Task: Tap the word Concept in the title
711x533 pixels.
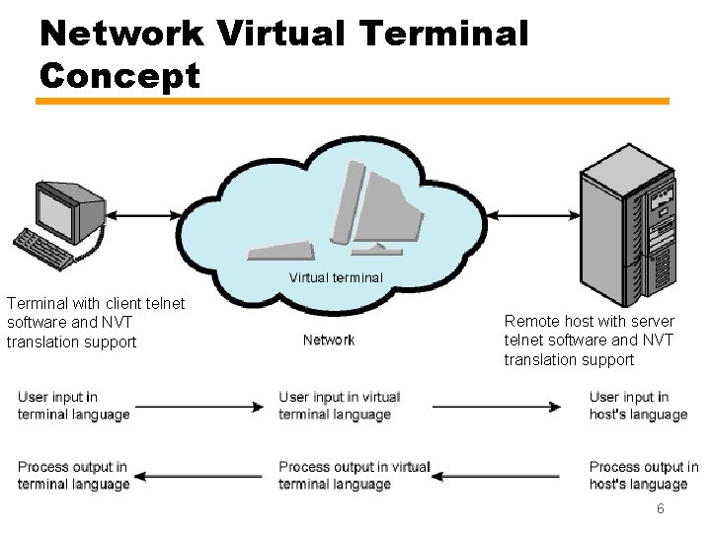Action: click(119, 73)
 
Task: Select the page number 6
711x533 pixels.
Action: click(660, 507)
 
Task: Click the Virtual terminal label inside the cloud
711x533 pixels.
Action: click(336, 277)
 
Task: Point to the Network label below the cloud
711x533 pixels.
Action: click(328, 340)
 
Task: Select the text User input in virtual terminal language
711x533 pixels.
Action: click(340, 406)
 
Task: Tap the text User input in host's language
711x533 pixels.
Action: click(638, 406)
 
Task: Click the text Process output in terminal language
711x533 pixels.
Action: click(73, 475)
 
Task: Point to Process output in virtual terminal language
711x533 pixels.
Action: click(354, 475)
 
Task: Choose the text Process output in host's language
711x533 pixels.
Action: click(643, 475)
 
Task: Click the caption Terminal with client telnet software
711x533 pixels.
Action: click(95, 322)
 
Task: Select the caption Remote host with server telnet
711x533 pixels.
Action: click(590, 341)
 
